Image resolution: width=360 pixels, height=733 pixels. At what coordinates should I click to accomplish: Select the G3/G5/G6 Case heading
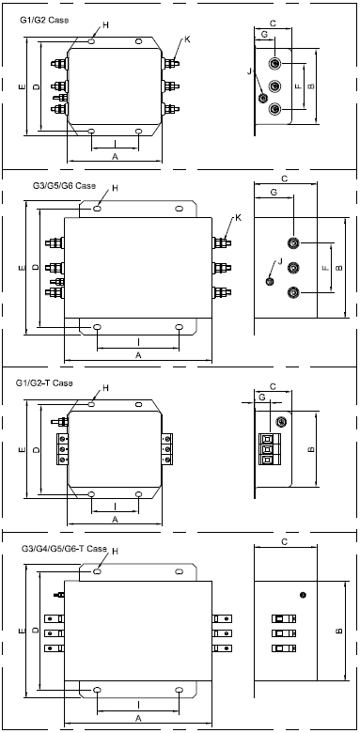click(x=64, y=185)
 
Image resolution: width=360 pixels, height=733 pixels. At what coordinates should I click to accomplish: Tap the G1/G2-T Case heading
click(x=44, y=383)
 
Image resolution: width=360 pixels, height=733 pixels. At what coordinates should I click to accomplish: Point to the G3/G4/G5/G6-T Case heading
click(x=65, y=549)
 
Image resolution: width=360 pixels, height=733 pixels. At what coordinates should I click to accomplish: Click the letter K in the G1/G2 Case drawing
click(x=187, y=39)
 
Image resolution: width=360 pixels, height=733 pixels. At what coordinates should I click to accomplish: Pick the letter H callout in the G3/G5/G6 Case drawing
click(x=115, y=188)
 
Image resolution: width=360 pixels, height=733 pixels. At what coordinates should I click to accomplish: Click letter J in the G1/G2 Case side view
click(x=249, y=70)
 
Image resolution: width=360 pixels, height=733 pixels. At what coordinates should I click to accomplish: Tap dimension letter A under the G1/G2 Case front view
click(x=115, y=157)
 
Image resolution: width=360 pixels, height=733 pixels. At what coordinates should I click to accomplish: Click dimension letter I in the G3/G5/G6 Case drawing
click(x=138, y=342)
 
